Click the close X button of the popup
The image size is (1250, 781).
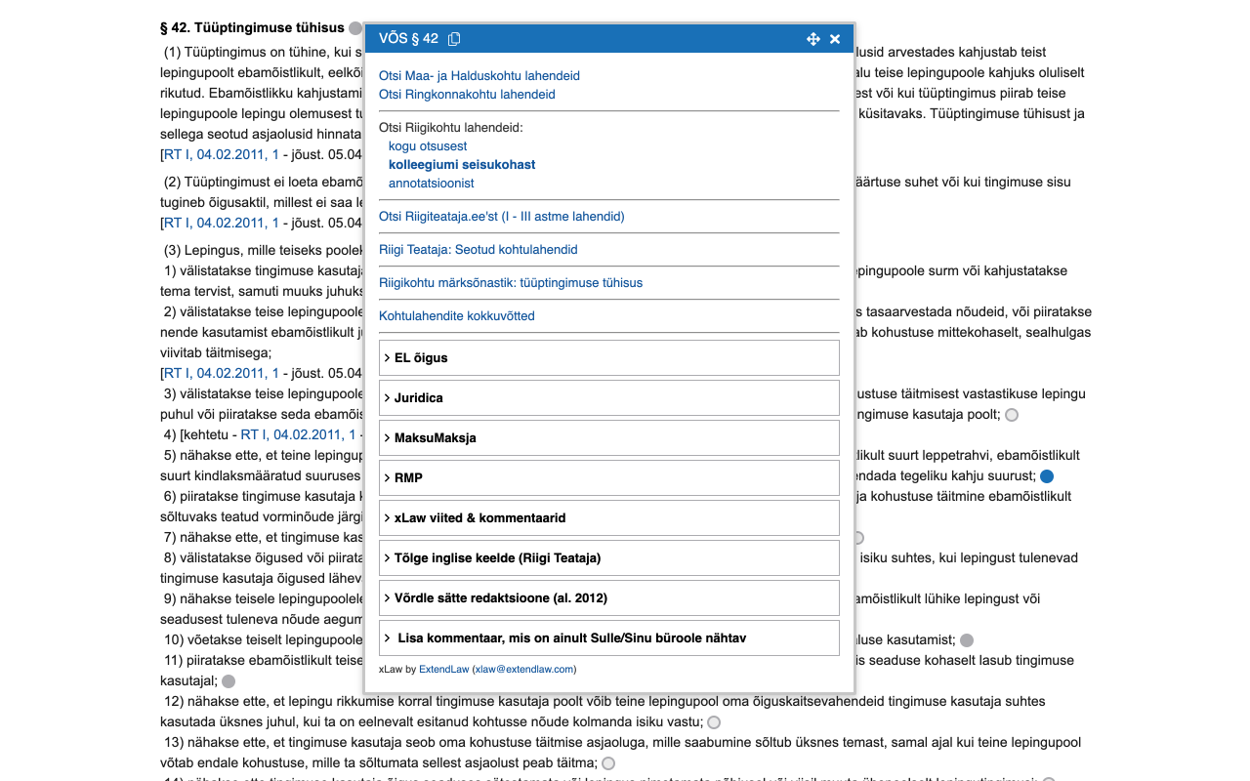(x=835, y=39)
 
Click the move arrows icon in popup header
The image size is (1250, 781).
(x=812, y=39)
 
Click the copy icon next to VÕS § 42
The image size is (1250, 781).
(x=454, y=39)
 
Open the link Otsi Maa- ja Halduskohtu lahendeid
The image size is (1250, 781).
(x=479, y=75)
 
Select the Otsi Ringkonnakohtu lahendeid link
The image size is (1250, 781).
(x=467, y=95)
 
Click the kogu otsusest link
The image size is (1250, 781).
(x=428, y=146)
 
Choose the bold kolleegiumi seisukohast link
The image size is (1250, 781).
(x=462, y=165)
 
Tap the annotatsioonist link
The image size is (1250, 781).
(x=431, y=184)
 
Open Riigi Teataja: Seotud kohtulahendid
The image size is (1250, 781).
(x=478, y=250)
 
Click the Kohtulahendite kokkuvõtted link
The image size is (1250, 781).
(x=456, y=316)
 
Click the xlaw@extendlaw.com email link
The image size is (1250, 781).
(x=523, y=670)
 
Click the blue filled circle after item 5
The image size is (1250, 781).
(x=1047, y=476)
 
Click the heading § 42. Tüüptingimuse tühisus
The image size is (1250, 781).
(x=252, y=28)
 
